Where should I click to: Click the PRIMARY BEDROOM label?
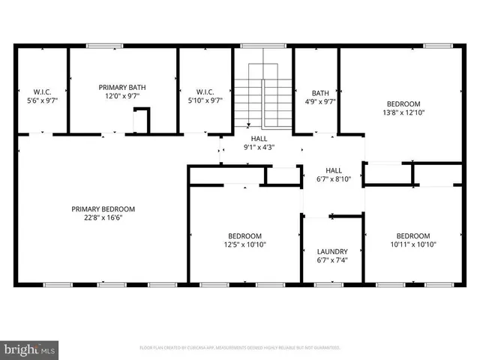coord(103,208)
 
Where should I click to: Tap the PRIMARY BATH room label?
coord(122,88)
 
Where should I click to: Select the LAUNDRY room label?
coord(331,251)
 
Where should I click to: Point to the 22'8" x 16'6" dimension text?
coord(103,218)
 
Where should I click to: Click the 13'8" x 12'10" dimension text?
coord(403,113)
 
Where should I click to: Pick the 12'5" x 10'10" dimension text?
coord(244,244)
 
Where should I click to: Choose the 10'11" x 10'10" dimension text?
coord(413,244)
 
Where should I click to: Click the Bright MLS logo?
coord(30,349)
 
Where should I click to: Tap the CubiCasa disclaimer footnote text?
coord(240,348)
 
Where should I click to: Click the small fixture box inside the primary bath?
coord(141,119)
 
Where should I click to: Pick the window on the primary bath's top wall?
coord(100,46)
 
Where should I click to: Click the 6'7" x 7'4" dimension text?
coord(331,261)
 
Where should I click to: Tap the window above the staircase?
coord(262,46)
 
